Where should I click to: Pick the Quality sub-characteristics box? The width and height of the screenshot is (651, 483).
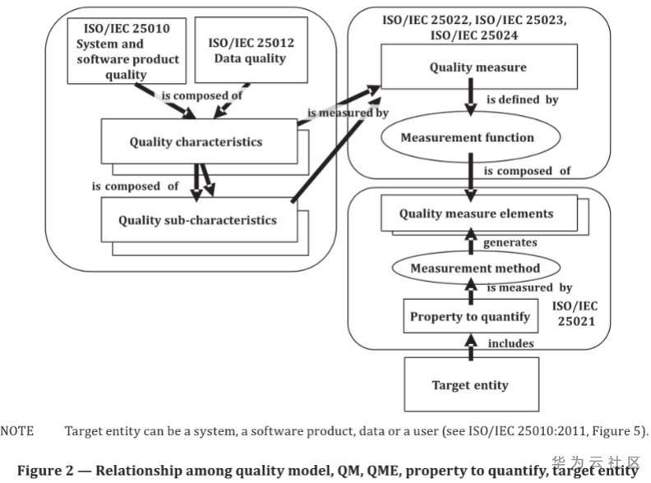(197, 219)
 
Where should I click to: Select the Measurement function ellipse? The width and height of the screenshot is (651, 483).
(467, 137)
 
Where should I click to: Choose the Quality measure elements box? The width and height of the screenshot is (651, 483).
(476, 214)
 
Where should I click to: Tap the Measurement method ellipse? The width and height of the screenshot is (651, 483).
(475, 268)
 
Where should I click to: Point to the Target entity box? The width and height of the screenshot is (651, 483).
(469, 384)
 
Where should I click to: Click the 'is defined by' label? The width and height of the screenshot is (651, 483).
(524, 100)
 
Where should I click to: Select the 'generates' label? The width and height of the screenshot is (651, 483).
(510, 242)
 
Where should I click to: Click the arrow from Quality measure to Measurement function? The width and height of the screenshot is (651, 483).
(471, 103)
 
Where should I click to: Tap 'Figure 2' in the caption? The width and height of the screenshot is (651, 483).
(44, 470)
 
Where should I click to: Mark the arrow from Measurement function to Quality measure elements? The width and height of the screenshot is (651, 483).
(470, 177)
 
